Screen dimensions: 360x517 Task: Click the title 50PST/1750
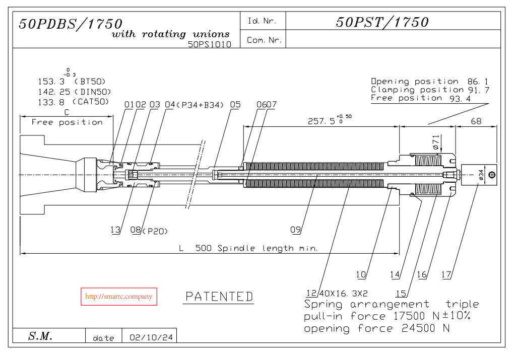(x=382, y=22)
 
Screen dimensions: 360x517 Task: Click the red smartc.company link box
(x=119, y=297)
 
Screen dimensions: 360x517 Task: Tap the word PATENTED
(x=219, y=297)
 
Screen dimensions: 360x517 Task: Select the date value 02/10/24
(x=151, y=337)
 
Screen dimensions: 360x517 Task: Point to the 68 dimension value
(x=476, y=121)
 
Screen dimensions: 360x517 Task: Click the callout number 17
(x=445, y=274)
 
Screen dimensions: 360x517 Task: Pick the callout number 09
(x=295, y=230)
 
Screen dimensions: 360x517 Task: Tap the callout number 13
(x=115, y=230)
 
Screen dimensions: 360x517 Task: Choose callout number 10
(x=361, y=274)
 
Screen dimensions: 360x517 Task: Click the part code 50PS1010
(x=209, y=44)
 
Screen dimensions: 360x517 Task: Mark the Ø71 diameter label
(x=436, y=142)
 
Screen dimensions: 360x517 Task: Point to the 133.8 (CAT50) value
(x=73, y=102)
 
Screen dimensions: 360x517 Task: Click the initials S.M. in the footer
(x=40, y=336)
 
